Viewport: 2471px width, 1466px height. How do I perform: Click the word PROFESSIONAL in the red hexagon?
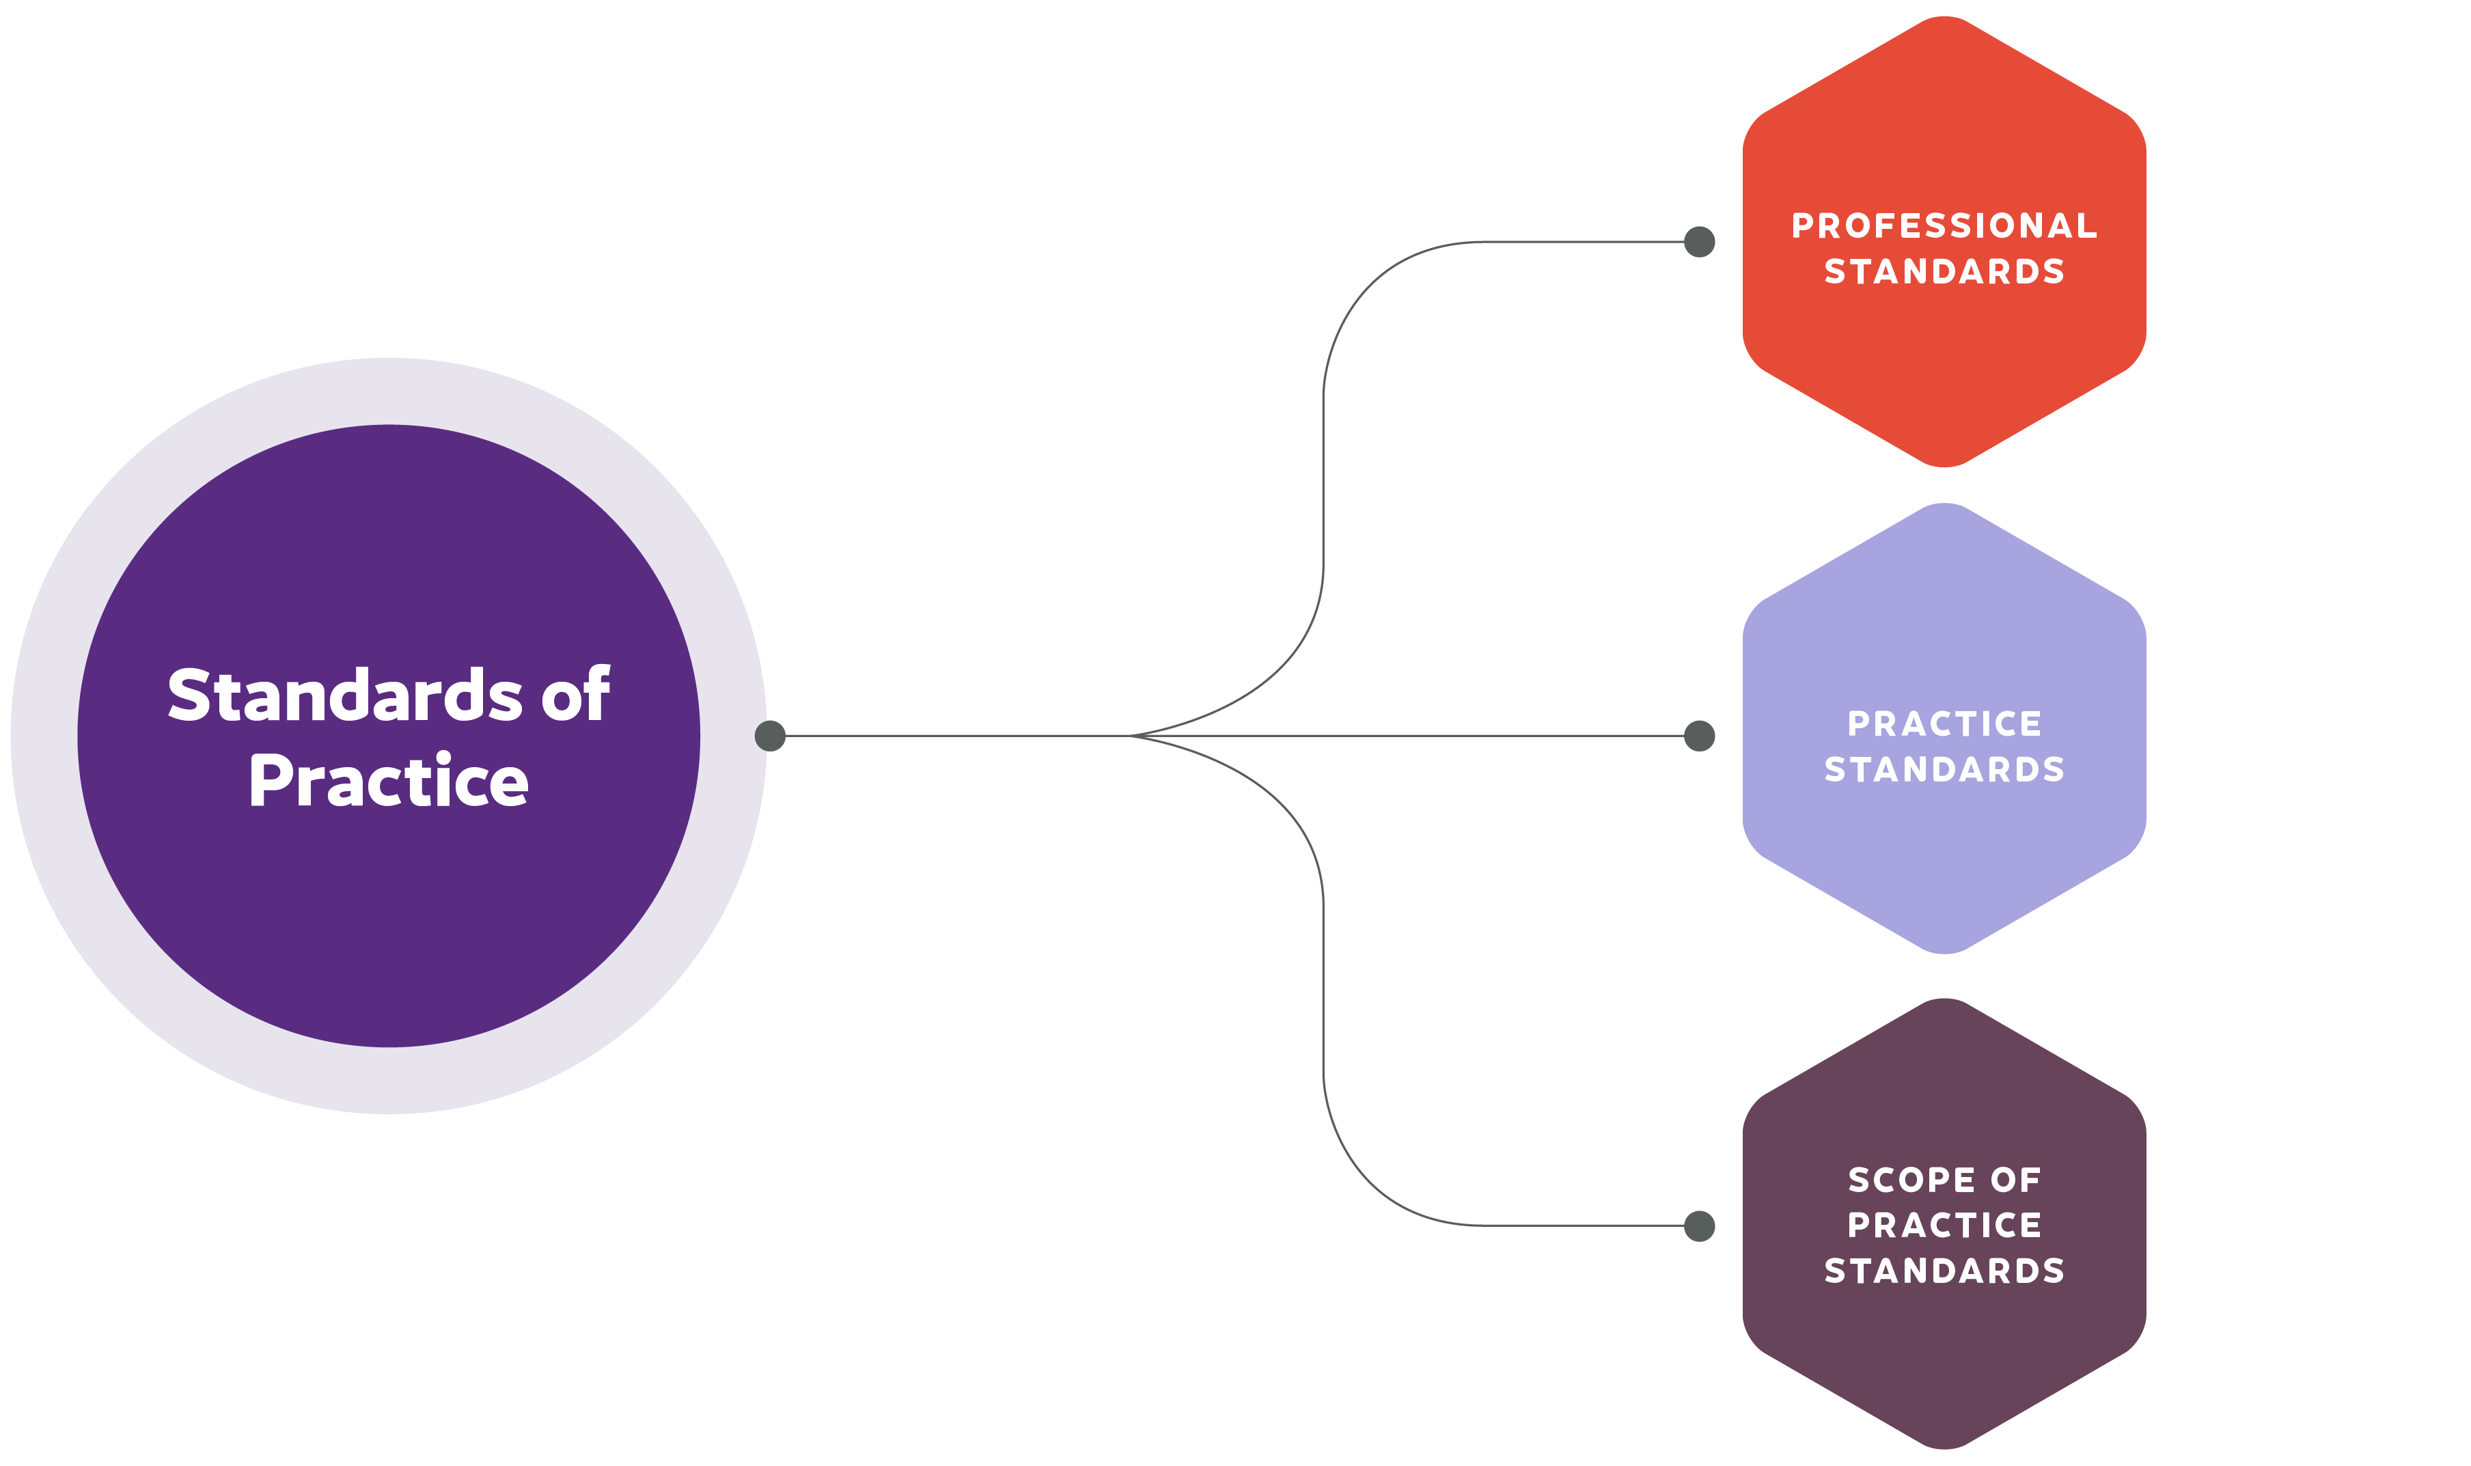click(x=1944, y=225)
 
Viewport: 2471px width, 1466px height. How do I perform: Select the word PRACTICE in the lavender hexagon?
click(x=1944, y=723)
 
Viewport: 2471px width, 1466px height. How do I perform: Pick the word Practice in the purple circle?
click(x=389, y=780)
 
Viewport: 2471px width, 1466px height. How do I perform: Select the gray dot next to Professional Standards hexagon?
click(x=1699, y=241)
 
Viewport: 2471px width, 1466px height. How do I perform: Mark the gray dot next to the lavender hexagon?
click(x=1699, y=735)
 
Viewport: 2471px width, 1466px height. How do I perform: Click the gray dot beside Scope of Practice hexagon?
click(x=1699, y=1226)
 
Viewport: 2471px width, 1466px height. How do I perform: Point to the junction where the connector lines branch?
click(x=1129, y=735)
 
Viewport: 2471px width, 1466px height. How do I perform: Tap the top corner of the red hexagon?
click(x=1944, y=17)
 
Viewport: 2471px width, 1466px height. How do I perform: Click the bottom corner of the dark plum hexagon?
click(x=1944, y=1448)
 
